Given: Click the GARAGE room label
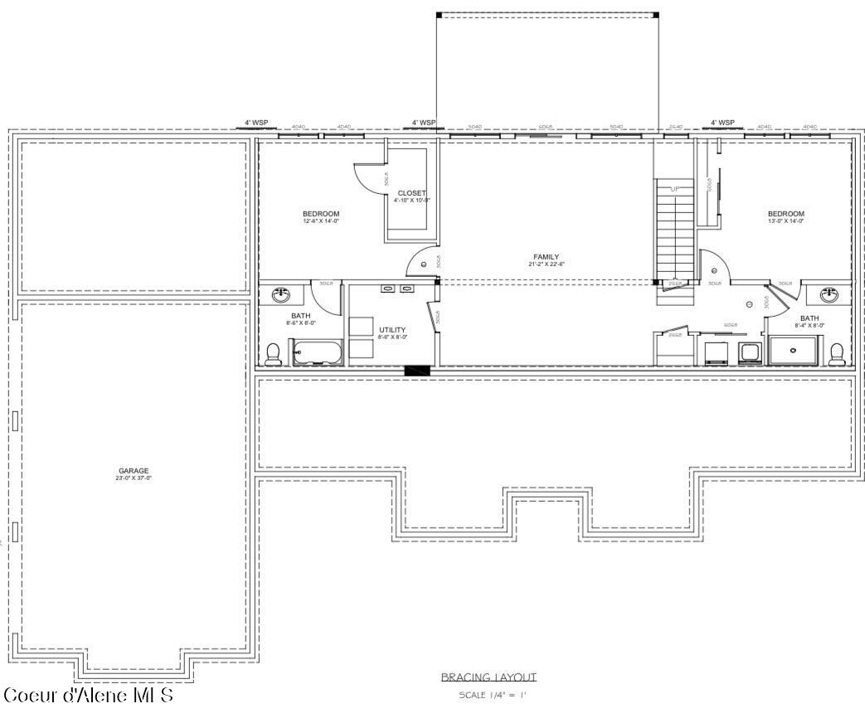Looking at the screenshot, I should (134, 471).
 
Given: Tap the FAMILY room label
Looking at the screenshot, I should (546, 257).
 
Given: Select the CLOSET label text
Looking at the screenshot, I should (411, 193).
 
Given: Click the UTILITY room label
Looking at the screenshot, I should (392, 330).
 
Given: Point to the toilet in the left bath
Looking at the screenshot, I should (273, 353).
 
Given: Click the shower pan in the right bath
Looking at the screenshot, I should (794, 351).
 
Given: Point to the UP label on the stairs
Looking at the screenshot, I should (674, 190).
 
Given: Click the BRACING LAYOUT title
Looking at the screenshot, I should (488, 677).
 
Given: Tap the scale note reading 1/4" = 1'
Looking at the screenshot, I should (492, 695).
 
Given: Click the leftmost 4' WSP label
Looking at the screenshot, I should (255, 123).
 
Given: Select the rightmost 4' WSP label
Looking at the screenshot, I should (722, 123).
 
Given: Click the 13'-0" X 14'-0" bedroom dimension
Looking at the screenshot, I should (785, 221).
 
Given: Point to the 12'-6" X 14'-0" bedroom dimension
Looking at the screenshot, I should (321, 221).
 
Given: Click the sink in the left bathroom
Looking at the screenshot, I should (282, 294).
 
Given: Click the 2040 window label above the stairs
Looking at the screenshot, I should (675, 127).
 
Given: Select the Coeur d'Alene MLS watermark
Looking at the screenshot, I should (88, 695).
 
